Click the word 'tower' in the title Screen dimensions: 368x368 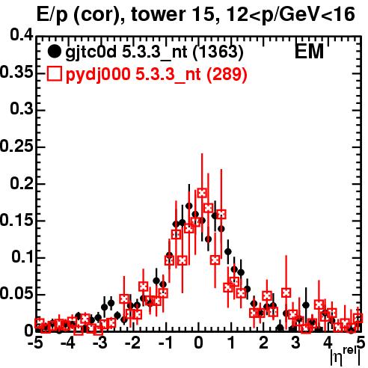click(157, 14)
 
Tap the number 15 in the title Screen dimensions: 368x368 click(202, 14)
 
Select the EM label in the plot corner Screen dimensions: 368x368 click(309, 52)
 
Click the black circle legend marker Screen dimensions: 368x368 click(54, 52)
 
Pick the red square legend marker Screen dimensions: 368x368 click(55, 74)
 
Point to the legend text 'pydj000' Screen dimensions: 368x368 click(98, 75)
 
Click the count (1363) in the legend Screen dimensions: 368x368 click(218, 52)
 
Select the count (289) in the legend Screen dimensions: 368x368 click(227, 74)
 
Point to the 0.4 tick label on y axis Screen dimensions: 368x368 click(22, 35)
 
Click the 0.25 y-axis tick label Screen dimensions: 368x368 click(16, 146)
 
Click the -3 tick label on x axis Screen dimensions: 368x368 click(100, 343)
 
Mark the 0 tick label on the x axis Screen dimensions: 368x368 click(198, 343)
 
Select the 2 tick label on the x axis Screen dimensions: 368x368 click(264, 343)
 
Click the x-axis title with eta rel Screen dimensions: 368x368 click(346, 357)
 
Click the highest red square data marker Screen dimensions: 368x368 click(202, 193)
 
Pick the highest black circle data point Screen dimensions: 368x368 click(189, 206)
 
